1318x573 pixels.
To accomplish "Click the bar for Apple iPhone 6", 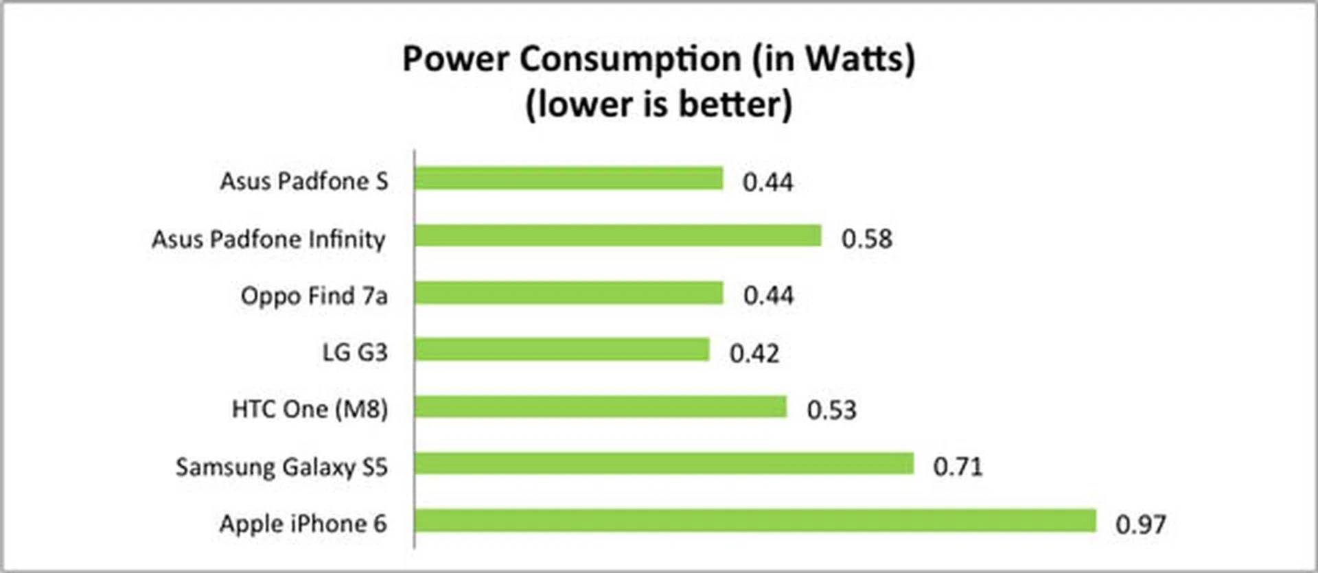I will (x=755, y=521).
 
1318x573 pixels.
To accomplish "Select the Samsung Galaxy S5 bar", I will (x=664, y=464).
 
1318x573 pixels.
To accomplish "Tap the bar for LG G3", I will (x=562, y=350).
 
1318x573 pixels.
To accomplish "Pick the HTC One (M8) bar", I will (x=601, y=407).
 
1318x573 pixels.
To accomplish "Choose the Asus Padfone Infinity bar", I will (x=618, y=236).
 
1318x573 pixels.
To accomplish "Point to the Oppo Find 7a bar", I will (x=568, y=293).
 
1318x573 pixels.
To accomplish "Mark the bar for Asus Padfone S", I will (x=568, y=179).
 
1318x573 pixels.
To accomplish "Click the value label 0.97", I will (x=1140, y=525).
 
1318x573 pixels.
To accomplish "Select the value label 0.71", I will (x=958, y=467).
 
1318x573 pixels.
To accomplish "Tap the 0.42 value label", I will (x=754, y=353).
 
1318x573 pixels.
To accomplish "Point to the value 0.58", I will (x=866, y=239).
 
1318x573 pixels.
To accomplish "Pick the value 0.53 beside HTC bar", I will (x=831, y=410).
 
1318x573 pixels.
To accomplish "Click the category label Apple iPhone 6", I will (x=303, y=524).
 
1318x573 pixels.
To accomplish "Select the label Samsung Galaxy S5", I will (x=281, y=467).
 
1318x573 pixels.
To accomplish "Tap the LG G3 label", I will (x=355, y=353).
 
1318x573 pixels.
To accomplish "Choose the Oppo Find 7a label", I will (x=314, y=296).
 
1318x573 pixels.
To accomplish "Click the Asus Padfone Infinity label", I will (x=268, y=239).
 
